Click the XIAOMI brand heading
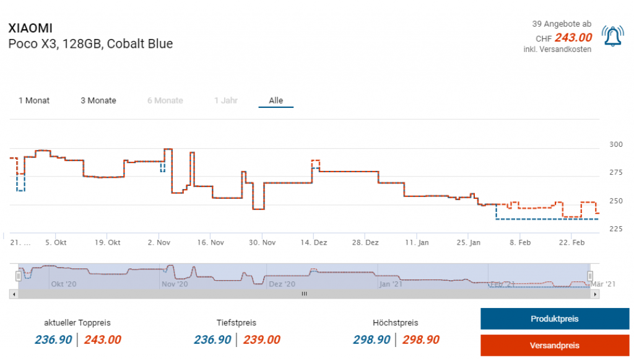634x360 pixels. click(30, 29)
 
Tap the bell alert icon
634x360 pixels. click(612, 38)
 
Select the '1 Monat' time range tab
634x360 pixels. click(34, 100)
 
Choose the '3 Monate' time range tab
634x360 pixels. click(98, 100)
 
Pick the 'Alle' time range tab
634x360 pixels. click(276, 100)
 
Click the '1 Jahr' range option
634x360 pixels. click(225, 100)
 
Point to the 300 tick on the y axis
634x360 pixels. click(617, 144)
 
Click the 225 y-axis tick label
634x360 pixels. click(617, 229)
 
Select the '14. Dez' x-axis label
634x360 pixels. click(315, 242)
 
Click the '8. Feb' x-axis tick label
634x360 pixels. click(520, 242)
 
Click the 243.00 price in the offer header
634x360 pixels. click(573, 38)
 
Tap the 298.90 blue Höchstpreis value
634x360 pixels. click(371, 340)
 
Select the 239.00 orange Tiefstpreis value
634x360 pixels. click(261, 340)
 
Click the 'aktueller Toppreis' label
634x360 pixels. click(77, 323)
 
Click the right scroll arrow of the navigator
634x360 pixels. click(596, 294)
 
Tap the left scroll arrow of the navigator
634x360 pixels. click(14, 294)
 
